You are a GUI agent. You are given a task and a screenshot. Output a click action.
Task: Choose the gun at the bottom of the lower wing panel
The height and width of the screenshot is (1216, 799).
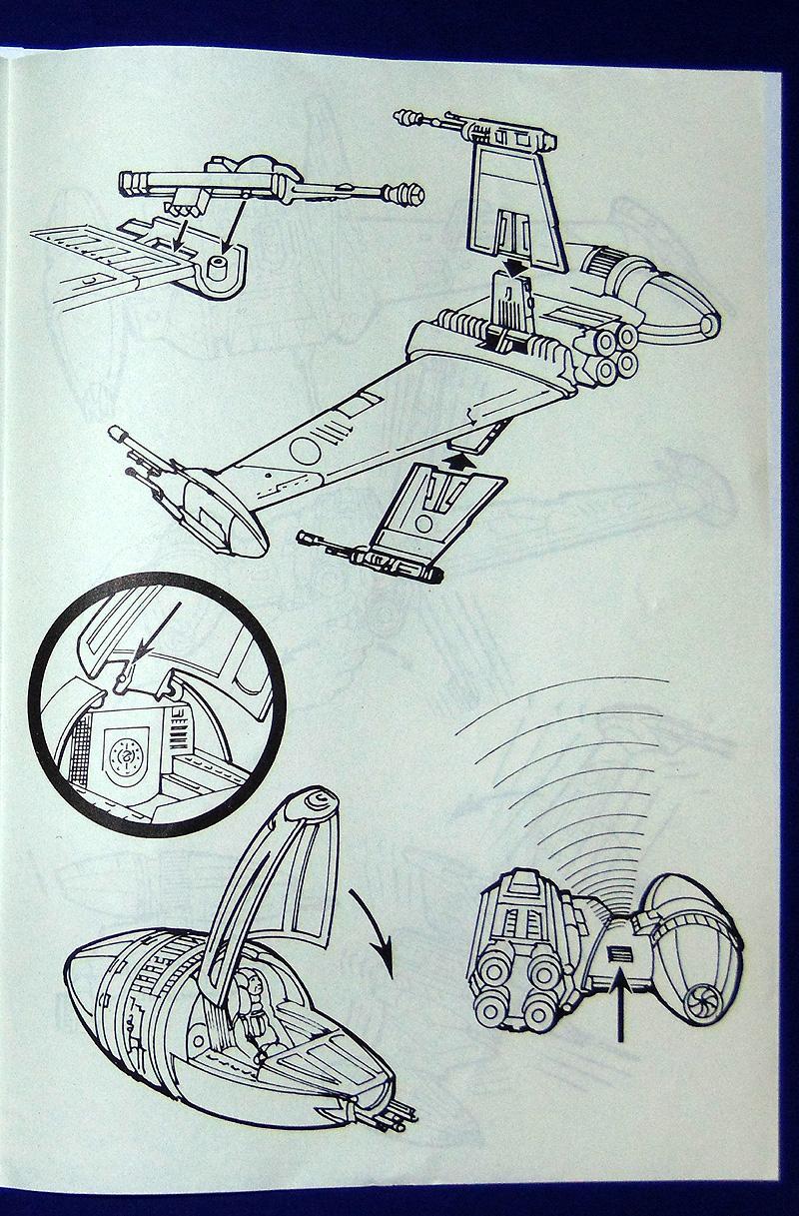370,556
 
